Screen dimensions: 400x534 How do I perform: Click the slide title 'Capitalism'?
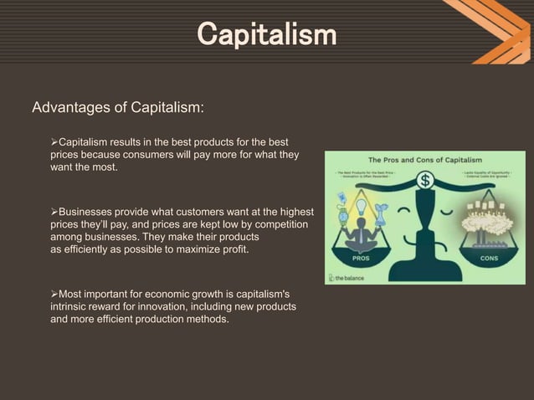coord(266,35)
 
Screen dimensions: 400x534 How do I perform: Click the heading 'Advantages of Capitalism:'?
coord(117,108)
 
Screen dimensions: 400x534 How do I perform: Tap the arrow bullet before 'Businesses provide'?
coord(54,213)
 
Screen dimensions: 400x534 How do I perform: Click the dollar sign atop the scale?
coord(426,179)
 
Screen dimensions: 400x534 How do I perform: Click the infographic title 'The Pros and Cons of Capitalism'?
coord(425,158)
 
